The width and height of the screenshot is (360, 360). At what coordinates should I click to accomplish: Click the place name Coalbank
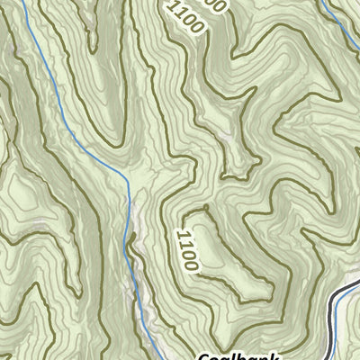(236, 355)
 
